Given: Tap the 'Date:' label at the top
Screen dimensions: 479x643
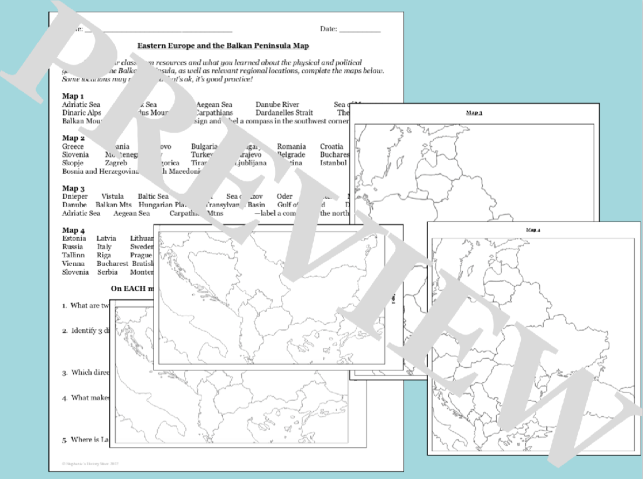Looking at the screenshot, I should (328, 29).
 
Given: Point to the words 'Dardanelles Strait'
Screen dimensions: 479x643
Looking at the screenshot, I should (276, 112).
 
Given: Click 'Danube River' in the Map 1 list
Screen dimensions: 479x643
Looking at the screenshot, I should (277, 104).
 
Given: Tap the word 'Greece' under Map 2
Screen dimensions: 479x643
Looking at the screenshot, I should (73, 147).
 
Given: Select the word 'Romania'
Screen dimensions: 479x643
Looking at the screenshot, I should (291, 147).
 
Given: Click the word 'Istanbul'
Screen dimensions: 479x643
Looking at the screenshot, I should (333, 163).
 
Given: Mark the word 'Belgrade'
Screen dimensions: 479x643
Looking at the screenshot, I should (292, 154).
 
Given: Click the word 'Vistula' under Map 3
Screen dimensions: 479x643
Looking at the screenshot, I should (113, 196).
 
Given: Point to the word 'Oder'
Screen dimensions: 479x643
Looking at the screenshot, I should (283, 196).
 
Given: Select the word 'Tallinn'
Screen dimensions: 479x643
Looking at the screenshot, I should (73, 255).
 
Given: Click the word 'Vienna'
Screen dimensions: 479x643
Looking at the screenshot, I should (73, 263).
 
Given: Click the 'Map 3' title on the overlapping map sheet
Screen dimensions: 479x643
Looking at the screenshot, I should (474, 113).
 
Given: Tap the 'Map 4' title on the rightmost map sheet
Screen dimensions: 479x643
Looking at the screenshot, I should (533, 229).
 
